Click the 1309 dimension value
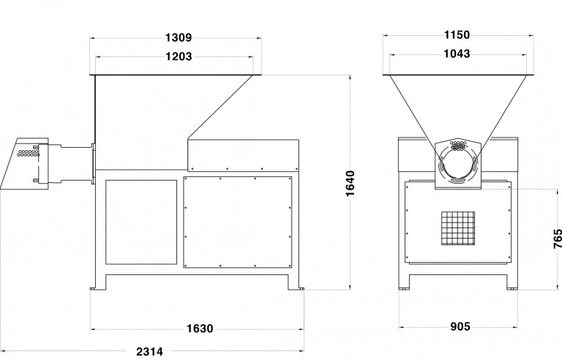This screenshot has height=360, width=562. [x=179, y=37]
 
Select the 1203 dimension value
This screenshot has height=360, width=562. [x=179, y=56]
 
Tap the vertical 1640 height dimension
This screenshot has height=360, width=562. [x=351, y=183]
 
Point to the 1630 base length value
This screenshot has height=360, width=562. [x=200, y=329]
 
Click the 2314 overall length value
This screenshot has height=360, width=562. [x=149, y=351]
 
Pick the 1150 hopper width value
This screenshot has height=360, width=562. [x=457, y=35]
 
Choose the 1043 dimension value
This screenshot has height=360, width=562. [x=457, y=54]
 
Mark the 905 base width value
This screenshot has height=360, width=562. [x=460, y=326]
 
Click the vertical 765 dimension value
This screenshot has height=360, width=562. [x=558, y=239]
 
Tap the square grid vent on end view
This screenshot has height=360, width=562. [x=458, y=228]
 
